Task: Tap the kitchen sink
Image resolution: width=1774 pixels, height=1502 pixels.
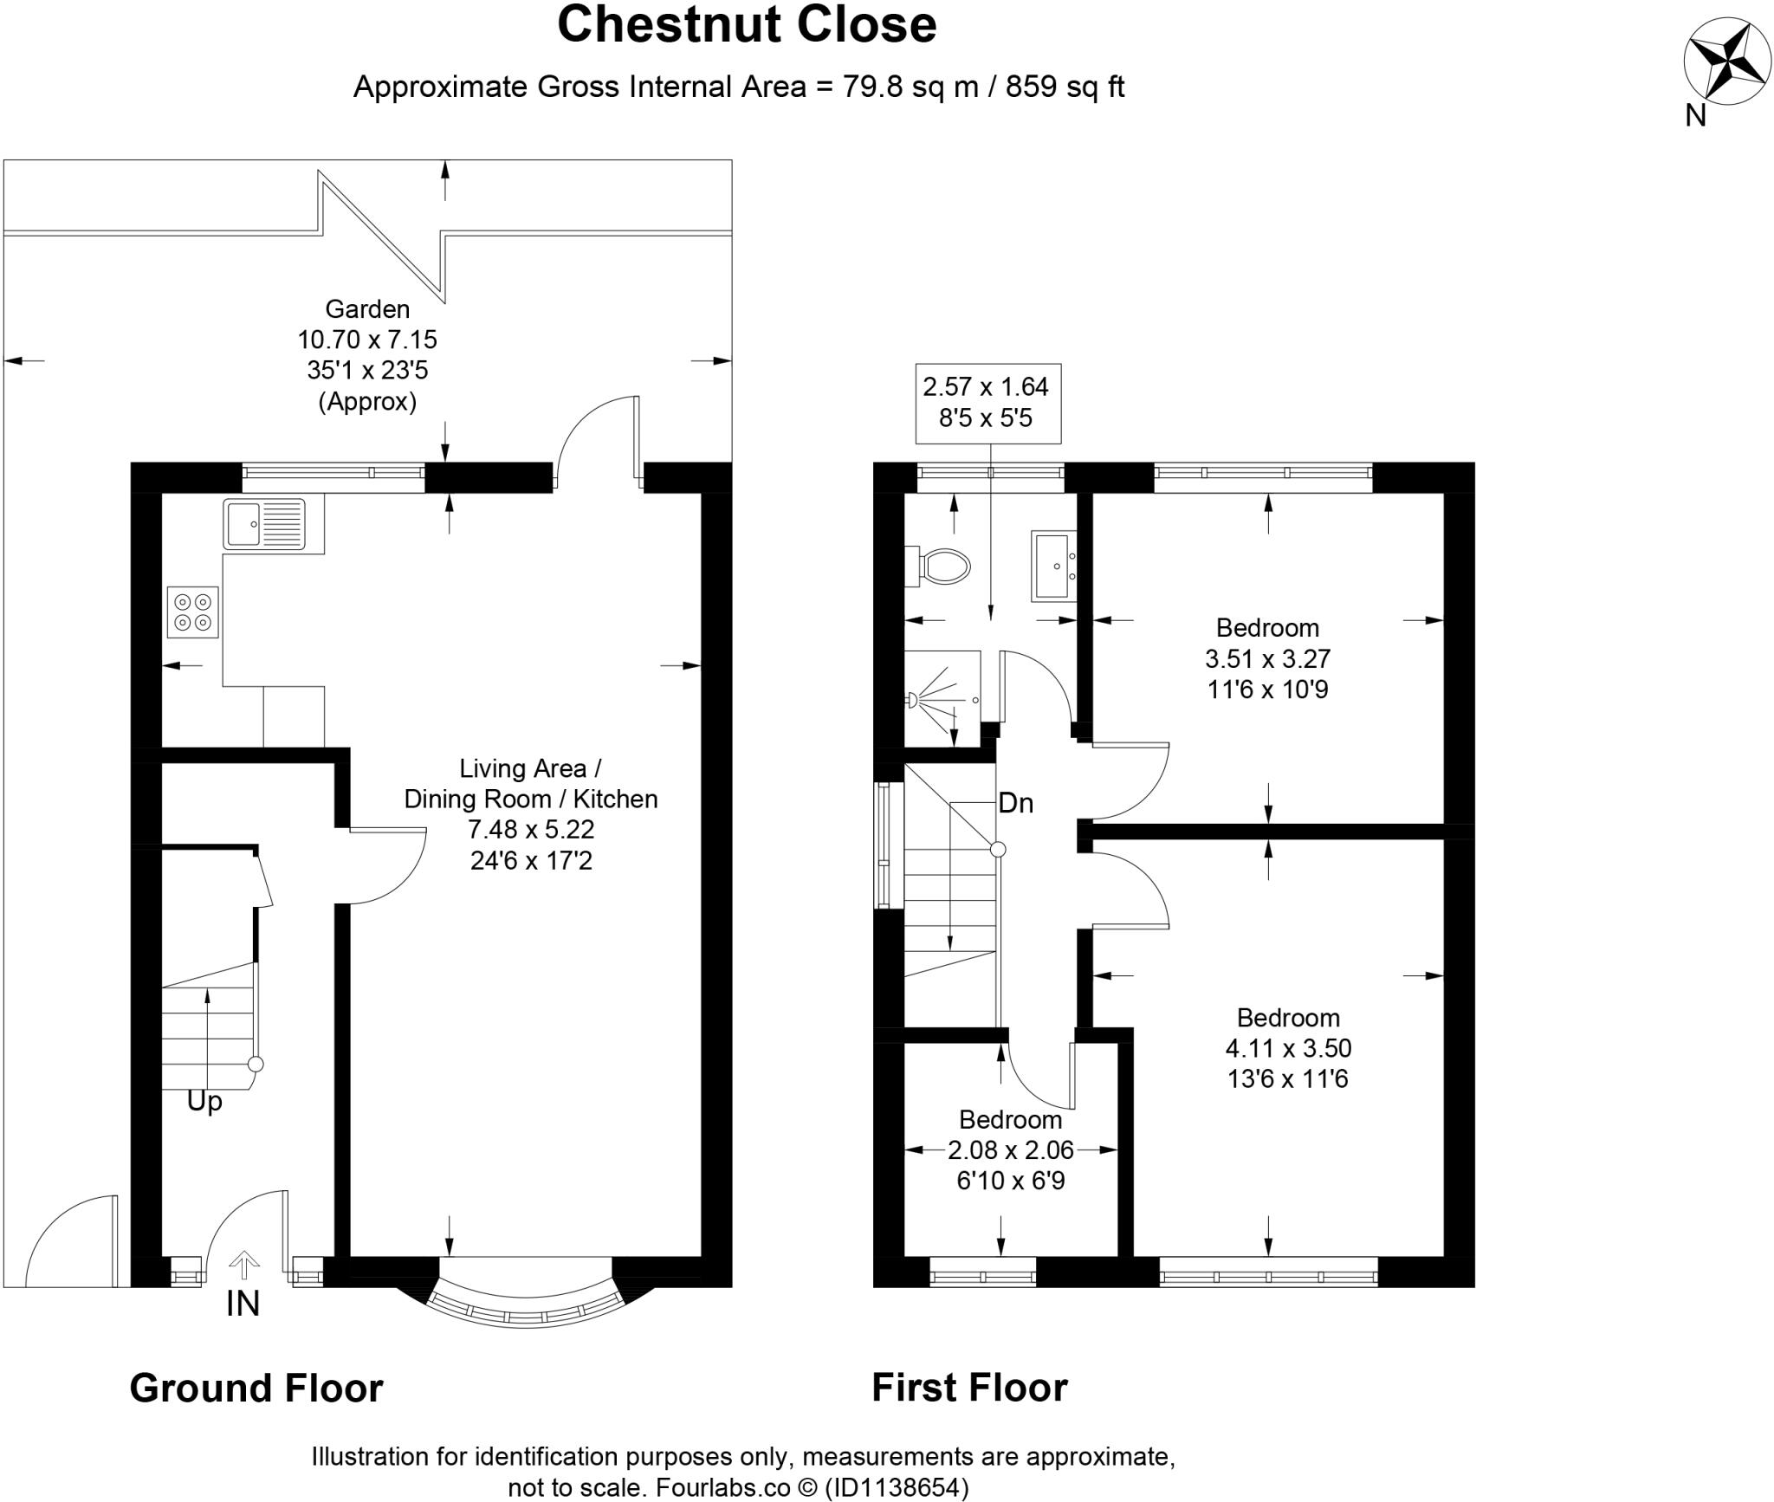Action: coord(264,523)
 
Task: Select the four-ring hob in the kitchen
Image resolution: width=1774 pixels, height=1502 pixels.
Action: coord(193,612)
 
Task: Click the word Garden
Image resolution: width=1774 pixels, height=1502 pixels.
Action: coord(367,308)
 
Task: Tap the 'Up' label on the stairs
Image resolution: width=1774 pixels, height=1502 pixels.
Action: coord(204,1103)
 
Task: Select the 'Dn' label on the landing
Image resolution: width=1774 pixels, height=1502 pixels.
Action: coord(1016,803)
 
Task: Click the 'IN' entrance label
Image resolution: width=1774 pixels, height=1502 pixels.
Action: coord(243,1304)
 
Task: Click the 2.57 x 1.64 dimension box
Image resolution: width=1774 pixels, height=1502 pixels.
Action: coord(988,403)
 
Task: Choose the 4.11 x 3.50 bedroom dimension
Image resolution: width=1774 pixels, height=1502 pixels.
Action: coord(1288,1048)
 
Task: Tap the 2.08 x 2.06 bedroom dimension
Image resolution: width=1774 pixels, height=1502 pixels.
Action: coord(1011,1149)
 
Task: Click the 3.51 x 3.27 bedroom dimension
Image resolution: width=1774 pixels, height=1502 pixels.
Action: coord(1268,658)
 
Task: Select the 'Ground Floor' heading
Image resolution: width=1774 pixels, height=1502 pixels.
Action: coord(256,1388)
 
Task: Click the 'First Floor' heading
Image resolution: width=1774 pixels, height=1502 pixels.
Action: coord(970,1388)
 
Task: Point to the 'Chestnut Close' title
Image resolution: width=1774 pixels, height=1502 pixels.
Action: coord(747,24)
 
